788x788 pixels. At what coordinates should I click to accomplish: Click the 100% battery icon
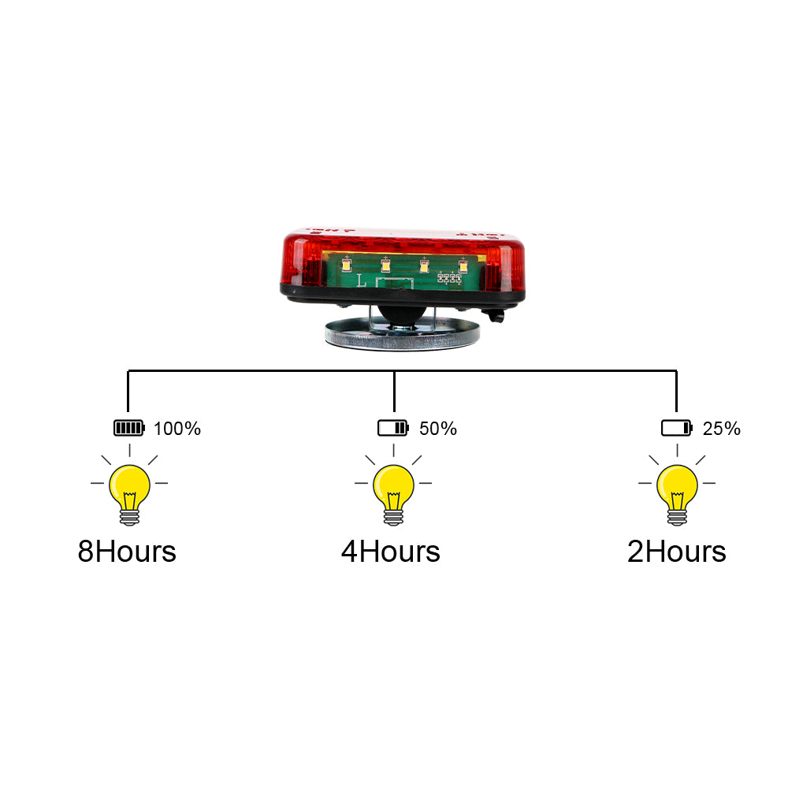(129, 429)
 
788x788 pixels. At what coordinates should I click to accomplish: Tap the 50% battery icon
(393, 429)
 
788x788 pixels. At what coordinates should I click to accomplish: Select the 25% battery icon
(676, 429)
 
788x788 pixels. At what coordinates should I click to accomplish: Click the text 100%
(177, 429)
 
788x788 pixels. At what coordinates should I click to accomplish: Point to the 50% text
(438, 429)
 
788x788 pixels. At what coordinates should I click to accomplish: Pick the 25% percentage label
(722, 429)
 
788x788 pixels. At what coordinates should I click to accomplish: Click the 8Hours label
(127, 552)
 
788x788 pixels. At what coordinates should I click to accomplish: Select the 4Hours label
(391, 552)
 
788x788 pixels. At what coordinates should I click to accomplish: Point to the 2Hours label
(677, 552)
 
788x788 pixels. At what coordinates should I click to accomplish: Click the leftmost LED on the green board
(346, 266)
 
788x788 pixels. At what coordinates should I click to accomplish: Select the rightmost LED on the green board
(463, 266)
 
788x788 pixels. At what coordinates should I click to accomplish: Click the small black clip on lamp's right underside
(496, 316)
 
